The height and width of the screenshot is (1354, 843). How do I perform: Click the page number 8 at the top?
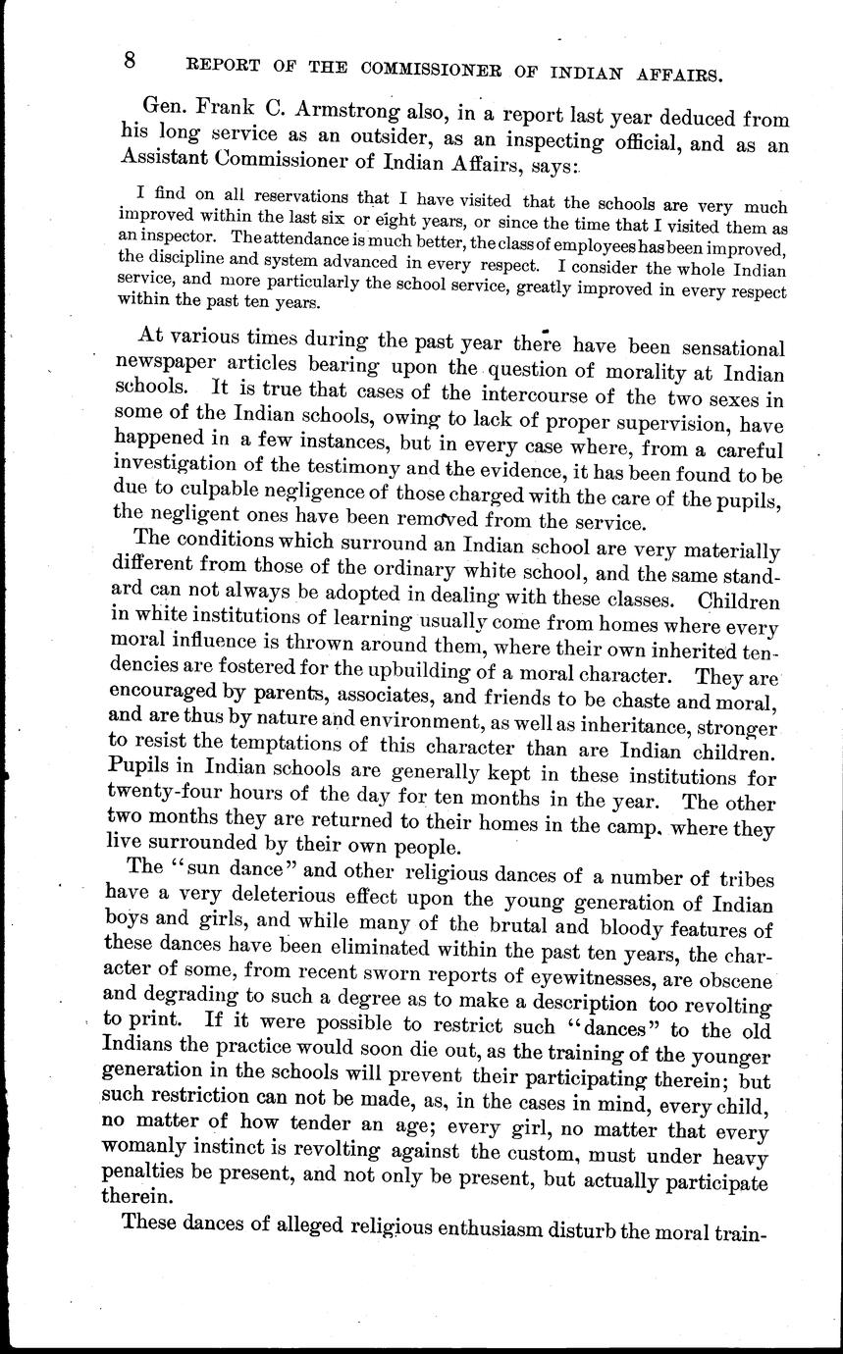[x=130, y=60]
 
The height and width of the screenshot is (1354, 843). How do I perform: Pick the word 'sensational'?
[x=714, y=349]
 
